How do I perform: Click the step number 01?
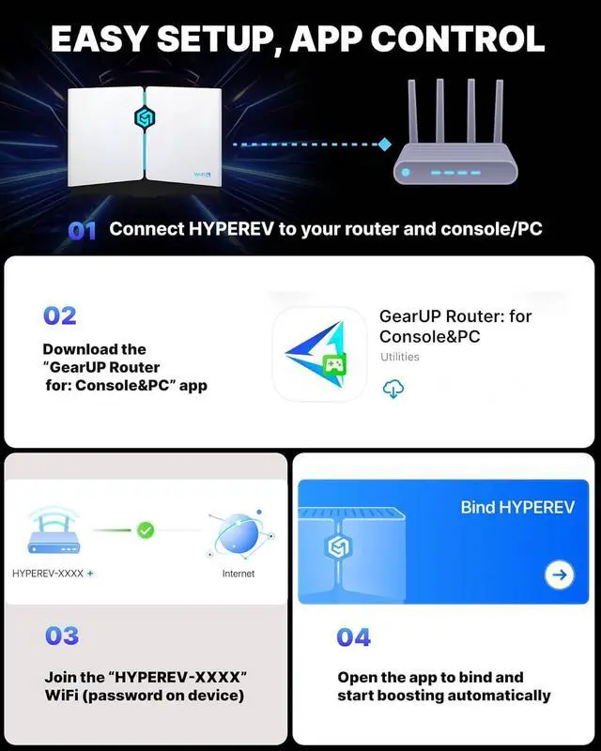(83, 231)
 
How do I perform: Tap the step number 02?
(59, 315)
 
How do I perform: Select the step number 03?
(62, 636)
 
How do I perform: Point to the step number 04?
(354, 637)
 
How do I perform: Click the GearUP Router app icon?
(319, 354)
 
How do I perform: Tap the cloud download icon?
(393, 390)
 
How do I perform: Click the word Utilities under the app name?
(400, 357)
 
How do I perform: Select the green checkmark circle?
(146, 530)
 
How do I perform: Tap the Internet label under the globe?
(239, 574)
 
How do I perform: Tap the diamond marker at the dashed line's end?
(384, 144)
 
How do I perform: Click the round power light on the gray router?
(405, 173)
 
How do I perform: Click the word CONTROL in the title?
(457, 38)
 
